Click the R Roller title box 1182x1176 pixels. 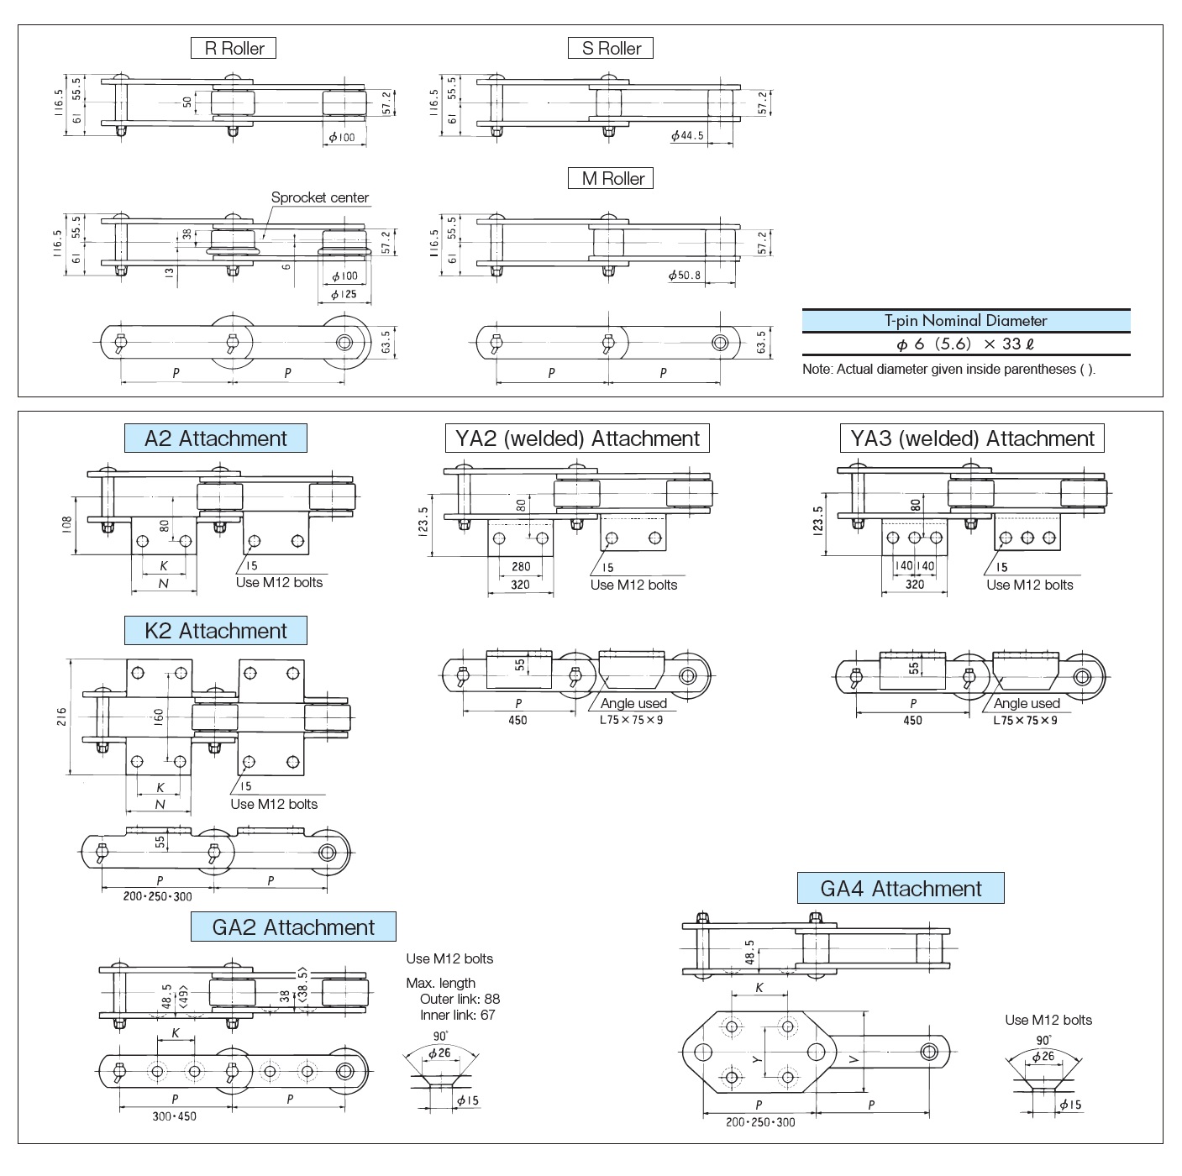point(234,49)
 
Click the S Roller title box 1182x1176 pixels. point(611,49)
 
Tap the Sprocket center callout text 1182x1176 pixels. point(319,198)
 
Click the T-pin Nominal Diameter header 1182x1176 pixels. point(965,321)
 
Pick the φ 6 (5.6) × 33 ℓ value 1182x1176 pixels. point(965,344)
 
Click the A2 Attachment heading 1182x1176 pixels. point(215,438)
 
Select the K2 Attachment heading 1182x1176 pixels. point(215,631)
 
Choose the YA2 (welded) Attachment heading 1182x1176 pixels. point(577,438)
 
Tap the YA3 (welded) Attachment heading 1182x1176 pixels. point(972,438)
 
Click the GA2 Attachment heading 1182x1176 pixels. point(293,927)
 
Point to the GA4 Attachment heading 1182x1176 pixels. point(901,889)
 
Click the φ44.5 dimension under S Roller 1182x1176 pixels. point(687,136)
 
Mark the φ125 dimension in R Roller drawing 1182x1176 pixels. point(343,295)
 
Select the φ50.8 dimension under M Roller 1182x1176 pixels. point(685,276)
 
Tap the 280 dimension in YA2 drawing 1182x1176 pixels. point(520,567)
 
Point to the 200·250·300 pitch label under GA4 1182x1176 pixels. point(759,1122)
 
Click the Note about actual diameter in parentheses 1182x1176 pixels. point(948,370)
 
